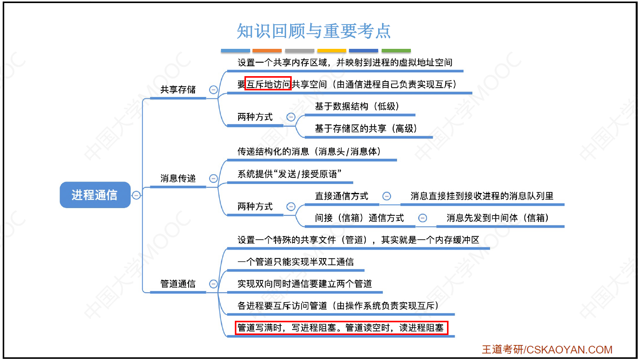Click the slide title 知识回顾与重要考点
coord(314,31)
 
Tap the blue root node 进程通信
coord(95,195)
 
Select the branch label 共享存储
coord(178,90)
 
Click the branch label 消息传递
coord(178,178)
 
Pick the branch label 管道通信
coord(178,284)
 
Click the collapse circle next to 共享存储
coord(213,90)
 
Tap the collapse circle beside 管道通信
coord(213,284)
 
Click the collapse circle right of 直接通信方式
coord(387,196)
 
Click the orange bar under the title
coord(267,51)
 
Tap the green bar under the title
coord(396,51)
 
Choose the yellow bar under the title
coord(332,51)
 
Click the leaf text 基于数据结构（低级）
coord(357,106)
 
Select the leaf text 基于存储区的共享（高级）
coord(366,128)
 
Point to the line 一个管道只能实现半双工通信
coord(296,262)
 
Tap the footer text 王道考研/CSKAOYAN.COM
coord(547,350)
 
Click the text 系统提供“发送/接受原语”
coord(289,174)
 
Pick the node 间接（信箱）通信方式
coord(359,218)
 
